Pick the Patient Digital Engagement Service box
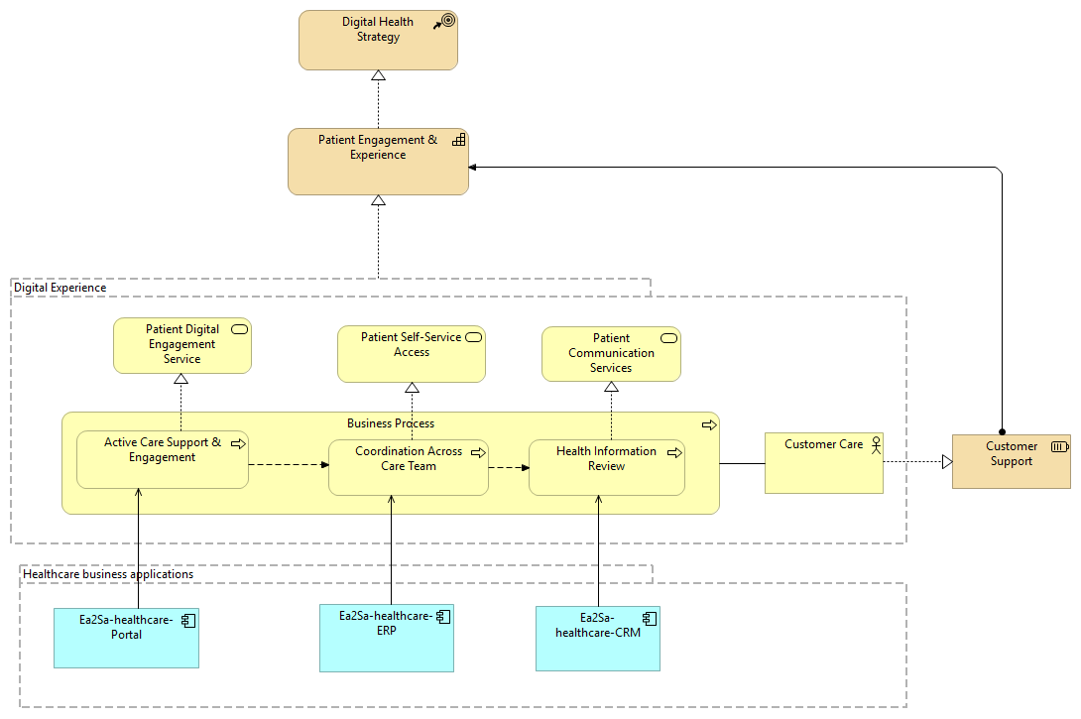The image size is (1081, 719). click(181, 346)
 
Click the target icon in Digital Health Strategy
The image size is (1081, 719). click(447, 20)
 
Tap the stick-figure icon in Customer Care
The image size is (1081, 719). click(874, 445)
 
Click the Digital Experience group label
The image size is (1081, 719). click(60, 288)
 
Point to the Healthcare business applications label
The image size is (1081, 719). click(108, 574)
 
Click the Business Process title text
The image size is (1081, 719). click(390, 423)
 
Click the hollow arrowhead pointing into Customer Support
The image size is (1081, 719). click(946, 461)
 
